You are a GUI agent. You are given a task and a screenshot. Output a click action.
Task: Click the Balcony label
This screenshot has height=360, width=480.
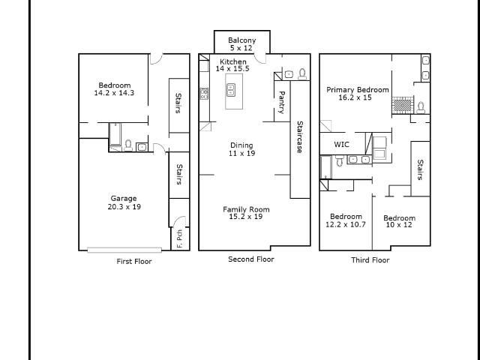click(x=241, y=40)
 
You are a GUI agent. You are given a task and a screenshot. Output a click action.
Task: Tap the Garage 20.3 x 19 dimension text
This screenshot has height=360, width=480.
click(x=124, y=207)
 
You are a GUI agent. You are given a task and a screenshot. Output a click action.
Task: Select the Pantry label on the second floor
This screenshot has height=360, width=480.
click(x=282, y=102)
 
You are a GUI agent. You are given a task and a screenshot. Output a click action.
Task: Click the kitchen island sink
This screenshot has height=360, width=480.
click(x=231, y=90)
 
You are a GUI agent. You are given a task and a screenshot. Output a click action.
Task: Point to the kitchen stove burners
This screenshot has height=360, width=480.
click(x=204, y=93)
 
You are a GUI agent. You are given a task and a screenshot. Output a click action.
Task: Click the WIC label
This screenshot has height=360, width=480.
click(x=341, y=145)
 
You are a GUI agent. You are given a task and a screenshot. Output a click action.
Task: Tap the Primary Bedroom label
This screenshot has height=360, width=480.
click(x=358, y=90)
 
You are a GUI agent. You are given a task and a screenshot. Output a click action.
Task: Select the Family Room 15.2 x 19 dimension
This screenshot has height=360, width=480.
click(x=246, y=217)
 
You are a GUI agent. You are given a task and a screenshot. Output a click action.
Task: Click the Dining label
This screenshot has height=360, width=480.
click(x=241, y=145)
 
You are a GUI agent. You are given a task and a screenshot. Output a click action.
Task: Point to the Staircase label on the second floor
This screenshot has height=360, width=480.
click(x=300, y=136)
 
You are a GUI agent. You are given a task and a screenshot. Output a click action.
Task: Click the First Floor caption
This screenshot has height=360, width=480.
click(x=134, y=262)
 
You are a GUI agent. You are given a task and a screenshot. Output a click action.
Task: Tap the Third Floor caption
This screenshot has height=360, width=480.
click(x=370, y=260)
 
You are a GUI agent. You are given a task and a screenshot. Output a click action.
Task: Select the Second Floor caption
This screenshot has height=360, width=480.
click(x=251, y=259)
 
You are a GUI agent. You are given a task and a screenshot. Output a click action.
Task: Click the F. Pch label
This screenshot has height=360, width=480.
click(x=180, y=238)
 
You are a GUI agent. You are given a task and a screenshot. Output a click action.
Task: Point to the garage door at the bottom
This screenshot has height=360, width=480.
click(x=124, y=250)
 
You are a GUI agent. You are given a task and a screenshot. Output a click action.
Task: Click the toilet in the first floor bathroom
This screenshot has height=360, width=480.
click(x=128, y=145)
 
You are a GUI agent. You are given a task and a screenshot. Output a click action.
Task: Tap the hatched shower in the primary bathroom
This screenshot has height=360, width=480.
click(x=403, y=105)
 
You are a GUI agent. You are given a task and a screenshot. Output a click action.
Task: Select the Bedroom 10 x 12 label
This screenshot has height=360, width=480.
click(x=399, y=222)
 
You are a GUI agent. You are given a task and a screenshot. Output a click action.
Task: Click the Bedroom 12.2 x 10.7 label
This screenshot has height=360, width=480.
click(x=346, y=220)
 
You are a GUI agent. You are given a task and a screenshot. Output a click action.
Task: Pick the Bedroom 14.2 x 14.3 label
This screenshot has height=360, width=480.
click(x=114, y=89)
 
